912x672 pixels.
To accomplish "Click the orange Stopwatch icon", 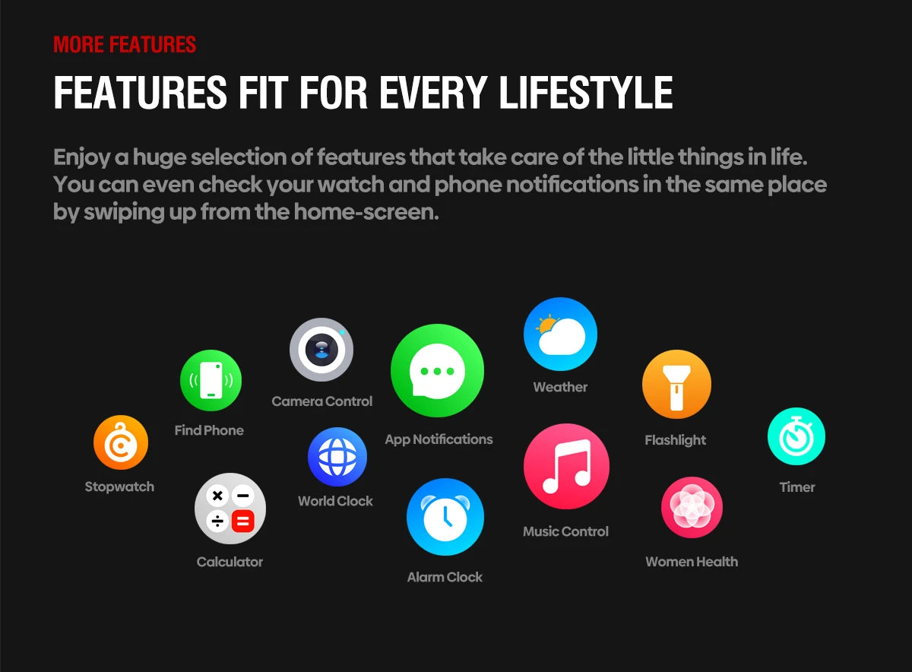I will pyautogui.click(x=120, y=442).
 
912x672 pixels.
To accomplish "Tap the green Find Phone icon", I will pyautogui.click(x=211, y=381).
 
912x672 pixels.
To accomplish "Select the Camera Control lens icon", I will pyautogui.click(x=321, y=350).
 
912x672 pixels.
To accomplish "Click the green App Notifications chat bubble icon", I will pyautogui.click(x=437, y=371).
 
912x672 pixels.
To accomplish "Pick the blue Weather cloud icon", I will pyautogui.click(x=560, y=334).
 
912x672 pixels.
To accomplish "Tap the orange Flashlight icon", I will pyautogui.click(x=676, y=385).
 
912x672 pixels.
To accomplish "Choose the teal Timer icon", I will pyautogui.click(x=796, y=436).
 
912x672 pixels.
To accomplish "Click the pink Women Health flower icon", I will pyautogui.click(x=692, y=507).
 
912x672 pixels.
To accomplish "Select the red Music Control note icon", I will pyautogui.click(x=566, y=466).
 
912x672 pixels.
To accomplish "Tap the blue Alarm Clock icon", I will pyautogui.click(x=445, y=517).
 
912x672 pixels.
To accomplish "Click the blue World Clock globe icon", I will pyautogui.click(x=337, y=457).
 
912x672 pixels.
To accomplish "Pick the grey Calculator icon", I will pyautogui.click(x=230, y=509).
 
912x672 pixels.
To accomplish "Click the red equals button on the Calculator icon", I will pyautogui.click(x=242, y=521).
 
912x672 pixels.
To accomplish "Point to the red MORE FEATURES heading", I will pyautogui.click(x=125, y=44).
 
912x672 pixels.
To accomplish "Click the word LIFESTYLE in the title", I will pyautogui.click(x=586, y=93).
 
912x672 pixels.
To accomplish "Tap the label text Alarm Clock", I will pyautogui.click(x=445, y=577).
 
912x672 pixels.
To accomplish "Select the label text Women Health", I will pyautogui.click(x=692, y=562).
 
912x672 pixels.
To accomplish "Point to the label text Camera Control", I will pyautogui.click(x=322, y=401).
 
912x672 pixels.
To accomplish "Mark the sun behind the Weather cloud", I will pyautogui.click(x=546, y=326).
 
